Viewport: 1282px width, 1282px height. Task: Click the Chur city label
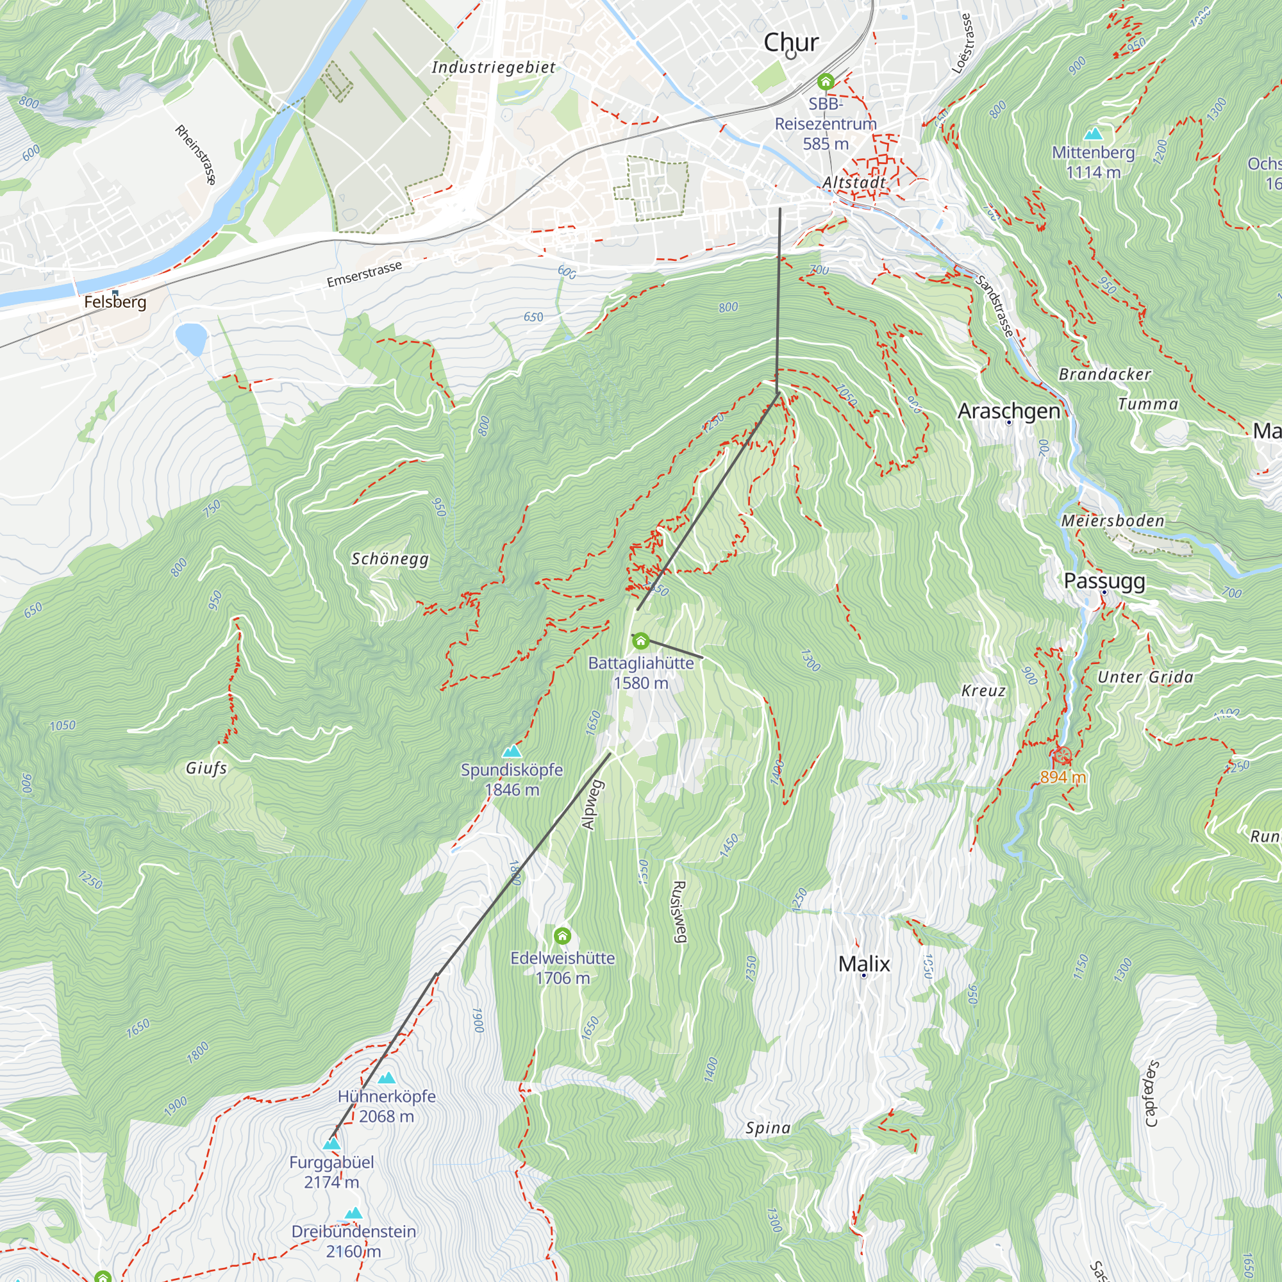click(x=791, y=42)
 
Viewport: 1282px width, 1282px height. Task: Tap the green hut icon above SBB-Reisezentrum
click(x=826, y=81)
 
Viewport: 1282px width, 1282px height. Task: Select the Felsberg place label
click(x=115, y=302)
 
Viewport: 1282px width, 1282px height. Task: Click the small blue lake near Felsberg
click(x=191, y=338)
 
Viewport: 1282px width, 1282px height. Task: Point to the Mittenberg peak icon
click(x=1093, y=134)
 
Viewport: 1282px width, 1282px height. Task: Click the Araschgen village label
click(x=1008, y=411)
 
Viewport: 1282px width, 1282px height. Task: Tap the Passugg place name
click(x=1104, y=581)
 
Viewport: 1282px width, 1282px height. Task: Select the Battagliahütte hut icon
click(x=640, y=641)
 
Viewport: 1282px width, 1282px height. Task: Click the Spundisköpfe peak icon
click(x=512, y=751)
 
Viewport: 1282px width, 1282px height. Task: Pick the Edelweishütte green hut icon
click(x=562, y=937)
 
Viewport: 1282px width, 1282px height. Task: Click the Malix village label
click(x=864, y=963)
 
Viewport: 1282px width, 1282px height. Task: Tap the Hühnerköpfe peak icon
click(x=386, y=1078)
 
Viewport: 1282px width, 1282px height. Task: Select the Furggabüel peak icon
click(x=331, y=1144)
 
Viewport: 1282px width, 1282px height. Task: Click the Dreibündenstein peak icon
click(x=353, y=1213)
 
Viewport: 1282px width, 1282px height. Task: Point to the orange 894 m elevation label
click(x=1062, y=777)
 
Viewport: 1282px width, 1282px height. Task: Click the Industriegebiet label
click(x=494, y=67)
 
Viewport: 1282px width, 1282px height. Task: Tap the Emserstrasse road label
click(x=364, y=274)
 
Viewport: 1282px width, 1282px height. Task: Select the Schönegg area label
click(x=390, y=559)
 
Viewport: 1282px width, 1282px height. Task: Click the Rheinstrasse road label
click(x=196, y=154)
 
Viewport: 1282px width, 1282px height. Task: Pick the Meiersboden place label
click(x=1113, y=521)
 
